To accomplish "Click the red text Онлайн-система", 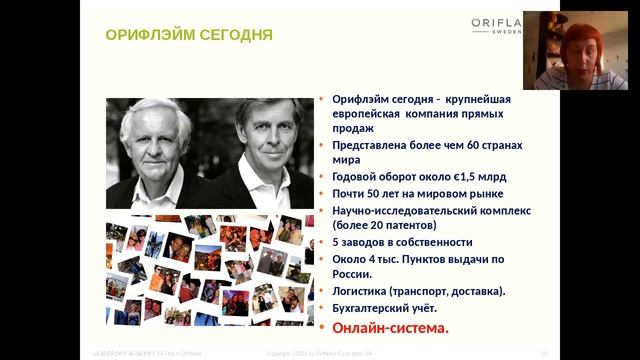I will pyautogui.click(x=391, y=327).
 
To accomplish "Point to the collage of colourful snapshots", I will pyautogui.click(x=204, y=270).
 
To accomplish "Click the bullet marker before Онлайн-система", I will pyautogui.click(x=322, y=328).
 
